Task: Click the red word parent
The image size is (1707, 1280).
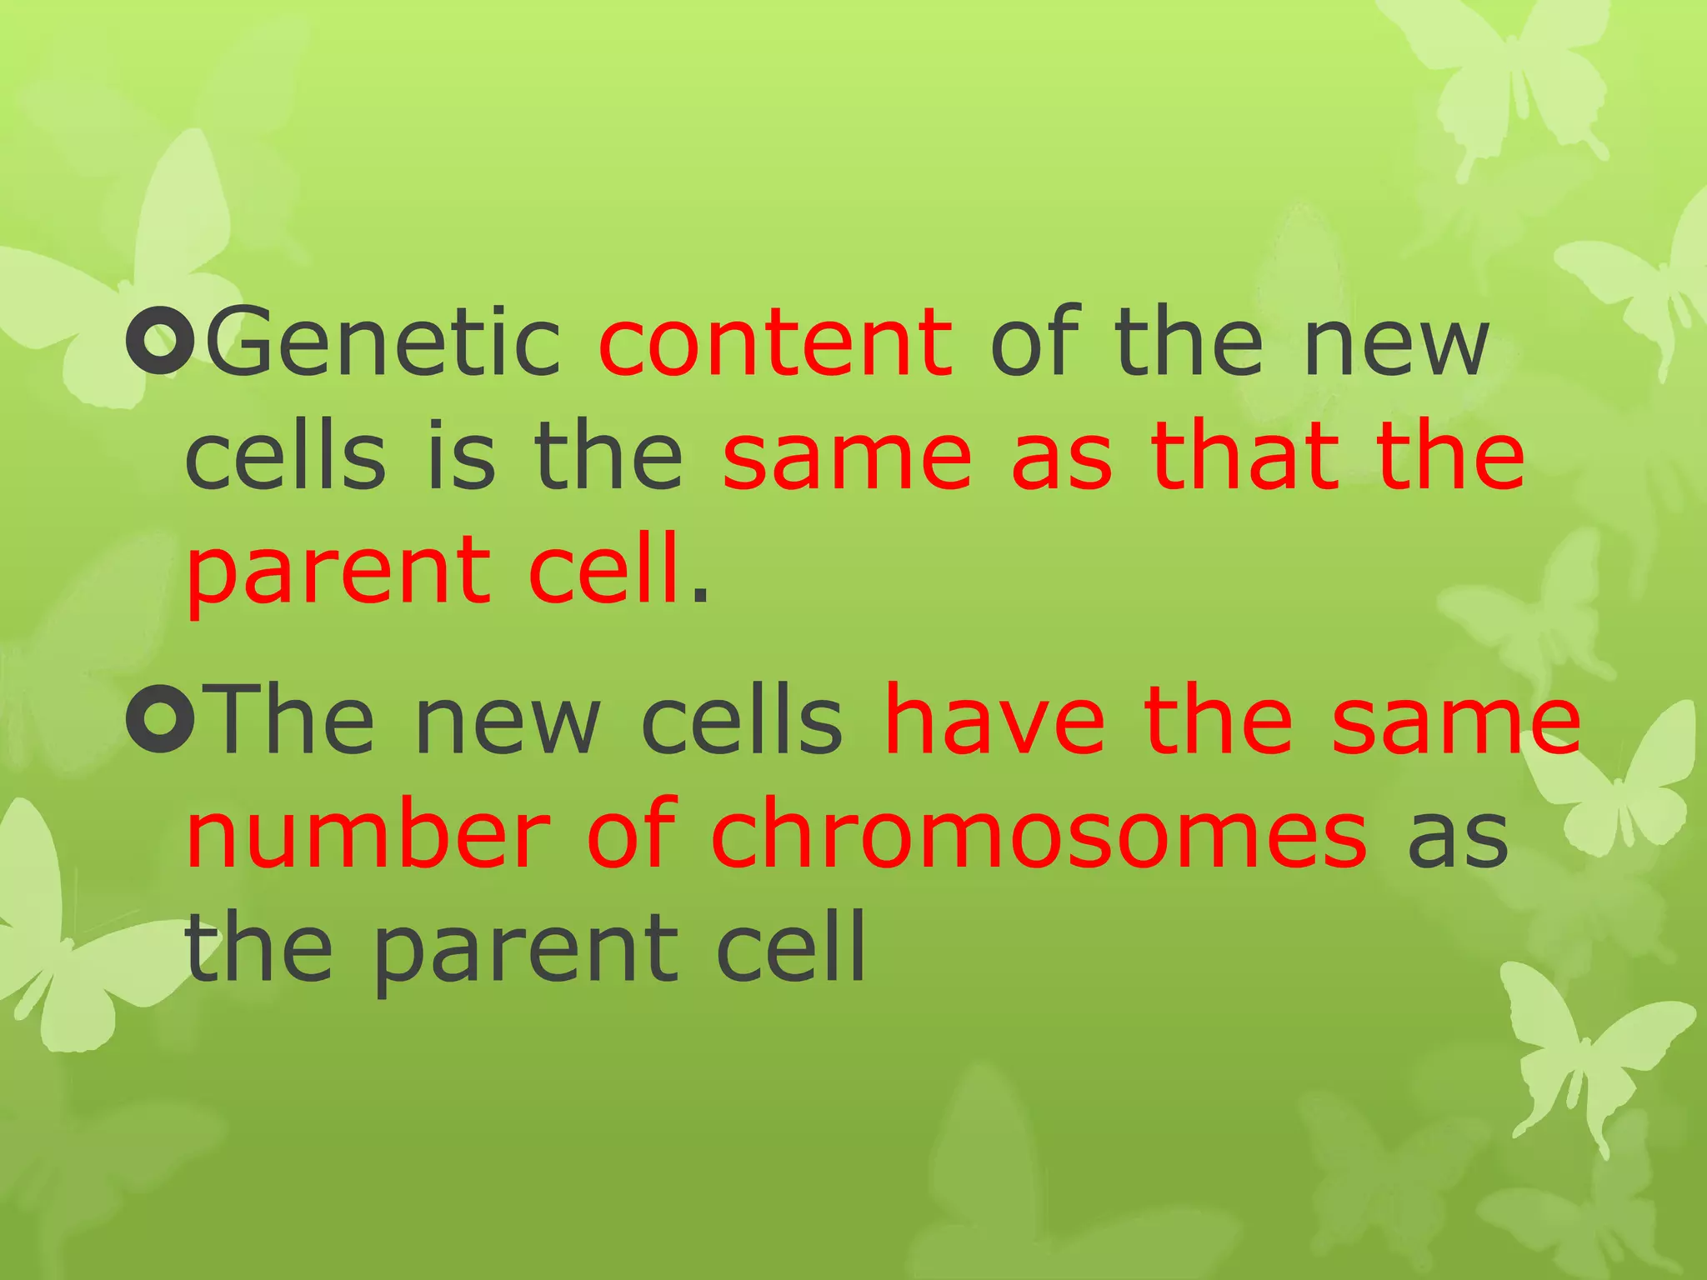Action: (x=338, y=575)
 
